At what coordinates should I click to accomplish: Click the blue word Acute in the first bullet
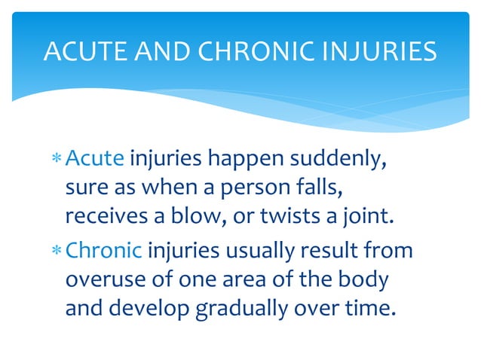pyautogui.click(x=95, y=160)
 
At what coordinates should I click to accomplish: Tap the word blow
pyautogui.click(x=200, y=218)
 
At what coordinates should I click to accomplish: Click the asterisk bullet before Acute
pyautogui.click(x=57, y=161)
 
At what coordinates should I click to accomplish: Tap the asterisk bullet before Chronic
pyautogui.click(x=57, y=251)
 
